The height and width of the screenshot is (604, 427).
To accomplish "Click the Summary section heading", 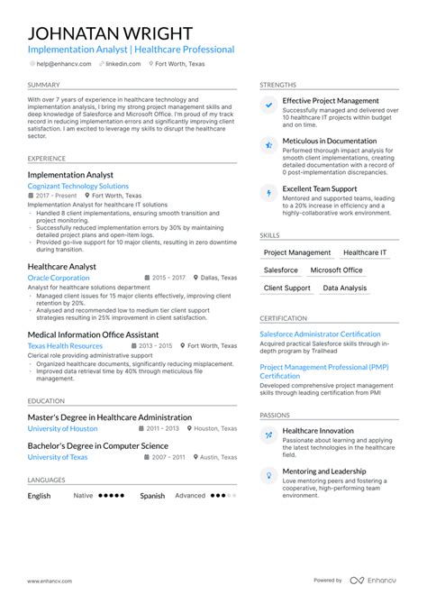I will [x=44, y=85].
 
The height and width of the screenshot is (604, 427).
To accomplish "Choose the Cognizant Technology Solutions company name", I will [x=78, y=186].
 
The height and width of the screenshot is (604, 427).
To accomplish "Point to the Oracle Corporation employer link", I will [x=59, y=279].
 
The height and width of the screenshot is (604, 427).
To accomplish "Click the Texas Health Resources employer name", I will [x=65, y=345].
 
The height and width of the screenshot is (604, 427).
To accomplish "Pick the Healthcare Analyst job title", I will [x=62, y=267].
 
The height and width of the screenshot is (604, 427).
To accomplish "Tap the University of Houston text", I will [x=62, y=429].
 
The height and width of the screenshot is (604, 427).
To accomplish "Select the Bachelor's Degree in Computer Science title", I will [x=97, y=445].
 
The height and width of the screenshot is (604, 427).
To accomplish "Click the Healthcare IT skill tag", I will [x=365, y=252].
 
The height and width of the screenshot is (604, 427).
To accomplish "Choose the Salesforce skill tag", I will [x=281, y=270].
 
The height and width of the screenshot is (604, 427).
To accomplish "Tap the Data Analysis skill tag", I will [x=345, y=288].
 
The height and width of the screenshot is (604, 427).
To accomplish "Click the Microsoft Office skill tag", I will [x=336, y=270].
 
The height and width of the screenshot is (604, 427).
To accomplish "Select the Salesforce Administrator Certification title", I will [x=320, y=334].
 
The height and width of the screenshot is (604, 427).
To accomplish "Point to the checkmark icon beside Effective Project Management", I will [x=268, y=105].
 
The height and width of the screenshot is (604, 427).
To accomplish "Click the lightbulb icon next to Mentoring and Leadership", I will [x=268, y=475].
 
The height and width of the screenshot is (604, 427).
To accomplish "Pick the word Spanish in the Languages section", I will [x=152, y=495].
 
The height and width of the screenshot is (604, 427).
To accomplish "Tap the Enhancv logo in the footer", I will [x=374, y=581].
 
